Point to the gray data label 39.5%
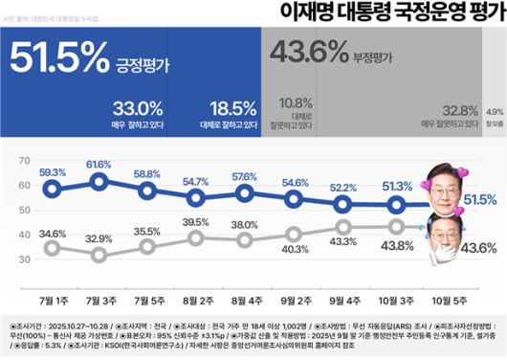[195, 222]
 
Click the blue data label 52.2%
[342, 188]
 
